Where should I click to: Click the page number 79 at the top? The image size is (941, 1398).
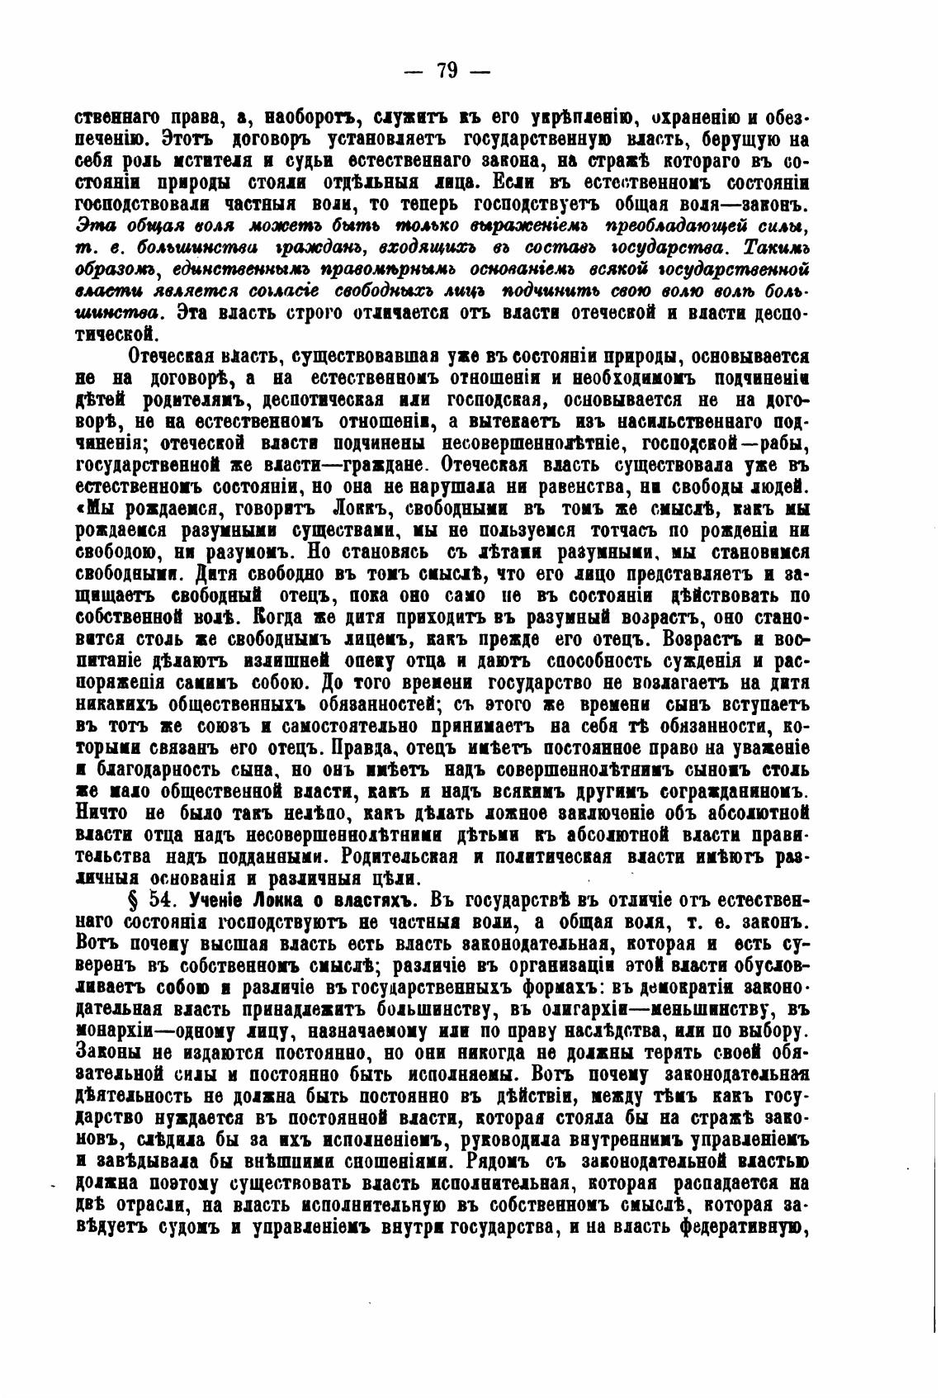[447, 69]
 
